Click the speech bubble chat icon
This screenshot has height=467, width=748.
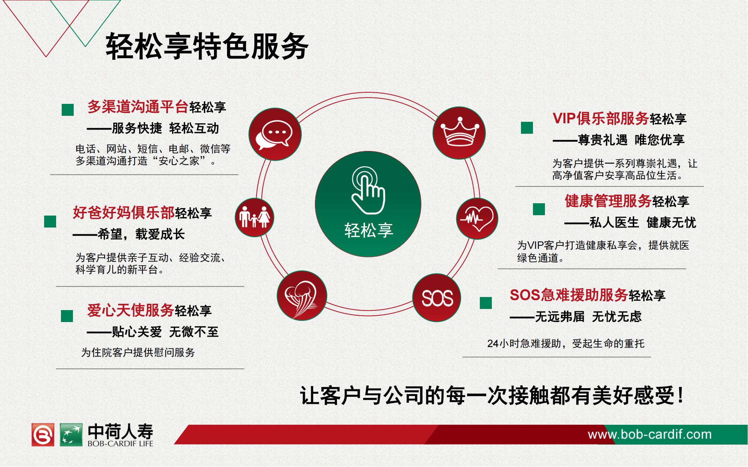275,134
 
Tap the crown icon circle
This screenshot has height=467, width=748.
459,133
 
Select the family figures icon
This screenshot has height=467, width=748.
254,217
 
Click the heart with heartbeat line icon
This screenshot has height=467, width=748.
477,219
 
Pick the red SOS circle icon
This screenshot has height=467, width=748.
437,298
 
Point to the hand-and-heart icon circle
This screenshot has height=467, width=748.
302,295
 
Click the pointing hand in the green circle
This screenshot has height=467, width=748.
368,191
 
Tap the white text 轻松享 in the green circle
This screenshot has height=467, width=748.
369,230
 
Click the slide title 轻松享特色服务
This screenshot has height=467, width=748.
207,47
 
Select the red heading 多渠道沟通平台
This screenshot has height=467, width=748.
138,107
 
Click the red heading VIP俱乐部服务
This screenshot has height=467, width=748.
601,118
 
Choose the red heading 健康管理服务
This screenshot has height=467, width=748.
608,201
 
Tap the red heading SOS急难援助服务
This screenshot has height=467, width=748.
568,295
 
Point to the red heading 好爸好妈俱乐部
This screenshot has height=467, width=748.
123,213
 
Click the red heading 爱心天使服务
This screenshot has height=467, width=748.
130,310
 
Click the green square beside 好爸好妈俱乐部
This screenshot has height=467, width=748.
50,222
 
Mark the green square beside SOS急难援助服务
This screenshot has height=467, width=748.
486,303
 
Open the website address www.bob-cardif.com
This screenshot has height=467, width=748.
650,434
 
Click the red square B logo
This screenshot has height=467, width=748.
43,434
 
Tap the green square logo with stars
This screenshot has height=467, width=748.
71,434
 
